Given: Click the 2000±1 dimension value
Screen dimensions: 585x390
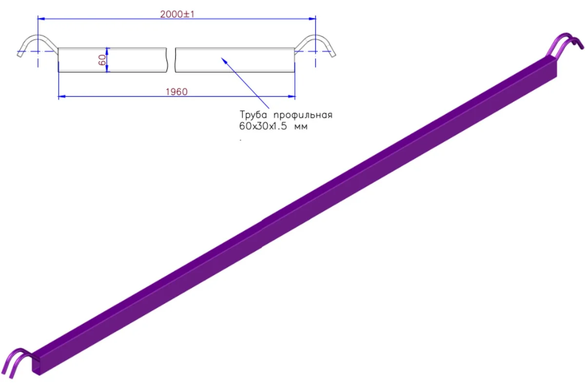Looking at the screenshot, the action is (x=177, y=14).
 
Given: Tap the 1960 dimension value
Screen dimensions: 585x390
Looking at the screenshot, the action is (x=176, y=92).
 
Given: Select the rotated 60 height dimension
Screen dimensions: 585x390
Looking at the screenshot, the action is (x=102, y=60).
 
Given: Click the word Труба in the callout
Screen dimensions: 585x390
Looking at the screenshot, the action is (x=253, y=115).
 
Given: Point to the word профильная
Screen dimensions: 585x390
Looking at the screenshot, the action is (x=303, y=115).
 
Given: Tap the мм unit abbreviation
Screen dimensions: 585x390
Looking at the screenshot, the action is (x=301, y=127).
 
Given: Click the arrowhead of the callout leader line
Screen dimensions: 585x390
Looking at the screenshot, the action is (x=224, y=60).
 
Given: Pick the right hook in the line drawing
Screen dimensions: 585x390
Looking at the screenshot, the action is (x=315, y=45).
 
